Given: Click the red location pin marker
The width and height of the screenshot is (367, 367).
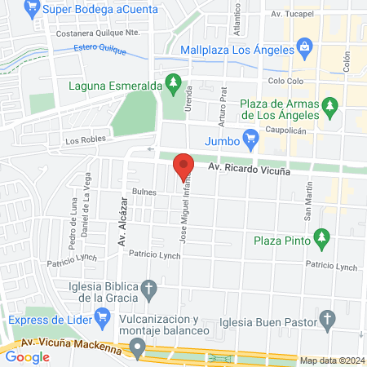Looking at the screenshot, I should [x=183, y=166].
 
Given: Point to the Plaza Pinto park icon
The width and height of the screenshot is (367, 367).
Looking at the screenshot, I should [x=322, y=237].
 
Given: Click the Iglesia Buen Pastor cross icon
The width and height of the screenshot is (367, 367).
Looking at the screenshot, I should [x=327, y=318].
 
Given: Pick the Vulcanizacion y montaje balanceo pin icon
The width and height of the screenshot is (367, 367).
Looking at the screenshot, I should [x=138, y=350].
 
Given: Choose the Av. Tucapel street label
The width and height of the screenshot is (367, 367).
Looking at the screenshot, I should [x=286, y=15].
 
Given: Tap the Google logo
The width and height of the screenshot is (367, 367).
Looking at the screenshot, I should [x=28, y=356].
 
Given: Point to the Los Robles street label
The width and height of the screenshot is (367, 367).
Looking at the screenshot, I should [x=86, y=141].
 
